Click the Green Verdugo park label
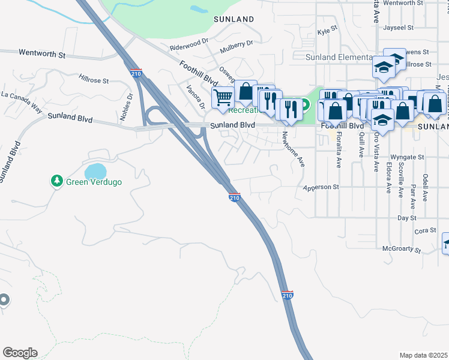93,181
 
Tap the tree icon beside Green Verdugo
57,181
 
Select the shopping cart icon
223,96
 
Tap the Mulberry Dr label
237,43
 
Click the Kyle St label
328,30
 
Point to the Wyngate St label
410,157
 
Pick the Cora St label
424,230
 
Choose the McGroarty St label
402,248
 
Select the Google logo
20,353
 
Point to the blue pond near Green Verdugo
95,172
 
